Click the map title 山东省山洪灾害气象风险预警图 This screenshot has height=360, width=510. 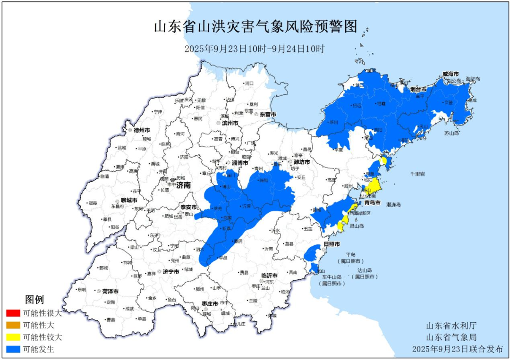coord(255,26)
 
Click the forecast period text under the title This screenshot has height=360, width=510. coord(255,49)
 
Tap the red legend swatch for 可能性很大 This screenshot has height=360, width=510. coord(13,313)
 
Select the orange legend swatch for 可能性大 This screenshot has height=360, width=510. coord(13,325)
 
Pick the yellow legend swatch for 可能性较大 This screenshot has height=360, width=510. coord(13,337)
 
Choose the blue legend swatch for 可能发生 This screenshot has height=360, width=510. coord(13,350)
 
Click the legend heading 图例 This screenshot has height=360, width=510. coord(34,300)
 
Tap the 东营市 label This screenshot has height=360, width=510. coord(267,114)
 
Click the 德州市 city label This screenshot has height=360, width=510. coord(141,130)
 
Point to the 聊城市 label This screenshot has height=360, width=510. coord(128,201)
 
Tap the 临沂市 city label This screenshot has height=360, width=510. coord(269,275)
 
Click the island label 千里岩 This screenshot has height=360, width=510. coord(416,174)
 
